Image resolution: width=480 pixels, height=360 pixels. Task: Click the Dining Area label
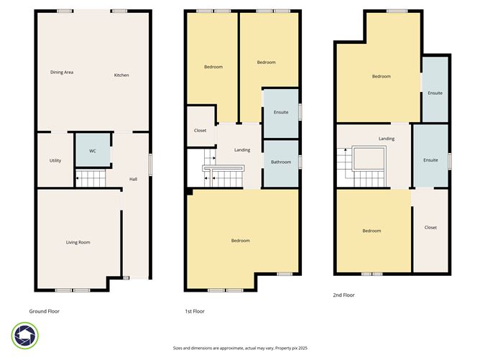(62, 73)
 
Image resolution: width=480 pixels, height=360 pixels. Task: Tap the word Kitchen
(121, 75)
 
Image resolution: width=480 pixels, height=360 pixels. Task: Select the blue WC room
(93, 151)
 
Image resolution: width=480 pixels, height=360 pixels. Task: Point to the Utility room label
(55, 160)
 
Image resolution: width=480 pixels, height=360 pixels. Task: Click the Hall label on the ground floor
(133, 179)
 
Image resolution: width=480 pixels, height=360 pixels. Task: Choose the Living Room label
(78, 242)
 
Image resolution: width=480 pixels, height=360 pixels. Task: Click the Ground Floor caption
(44, 311)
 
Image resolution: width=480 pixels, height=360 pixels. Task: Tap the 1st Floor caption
(195, 311)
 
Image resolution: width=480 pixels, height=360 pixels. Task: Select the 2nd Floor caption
(344, 295)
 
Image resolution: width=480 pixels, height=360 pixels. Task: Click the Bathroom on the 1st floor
(281, 162)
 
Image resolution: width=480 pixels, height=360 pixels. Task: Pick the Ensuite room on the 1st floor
(281, 112)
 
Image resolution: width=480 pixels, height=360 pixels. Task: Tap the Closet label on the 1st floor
(200, 130)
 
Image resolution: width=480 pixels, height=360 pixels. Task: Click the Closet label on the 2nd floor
(430, 227)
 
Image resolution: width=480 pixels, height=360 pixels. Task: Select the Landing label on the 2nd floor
(387, 139)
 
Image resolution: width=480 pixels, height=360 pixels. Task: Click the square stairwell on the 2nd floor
(370, 160)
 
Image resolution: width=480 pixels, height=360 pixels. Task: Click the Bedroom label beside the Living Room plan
(240, 241)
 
